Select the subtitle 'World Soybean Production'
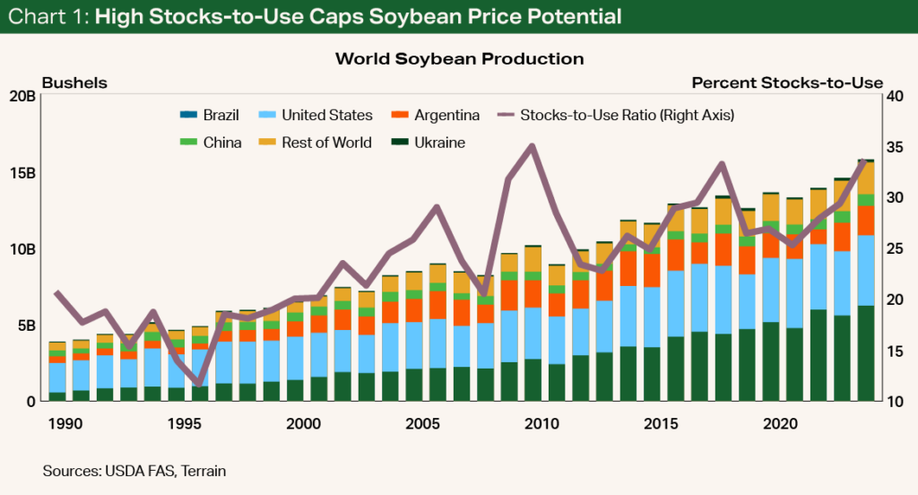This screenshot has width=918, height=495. (459, 59)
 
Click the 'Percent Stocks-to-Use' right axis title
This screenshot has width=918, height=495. (787, 82)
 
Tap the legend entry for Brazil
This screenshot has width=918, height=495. (215, 115)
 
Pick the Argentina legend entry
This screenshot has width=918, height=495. (435, 115)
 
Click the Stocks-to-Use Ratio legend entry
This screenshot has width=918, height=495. (616, 115)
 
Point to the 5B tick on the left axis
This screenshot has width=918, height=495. (26, 325)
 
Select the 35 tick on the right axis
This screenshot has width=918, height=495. (896, 147)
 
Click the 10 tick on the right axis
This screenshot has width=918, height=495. (896, 401)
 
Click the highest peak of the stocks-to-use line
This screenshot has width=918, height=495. (533, 145)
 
